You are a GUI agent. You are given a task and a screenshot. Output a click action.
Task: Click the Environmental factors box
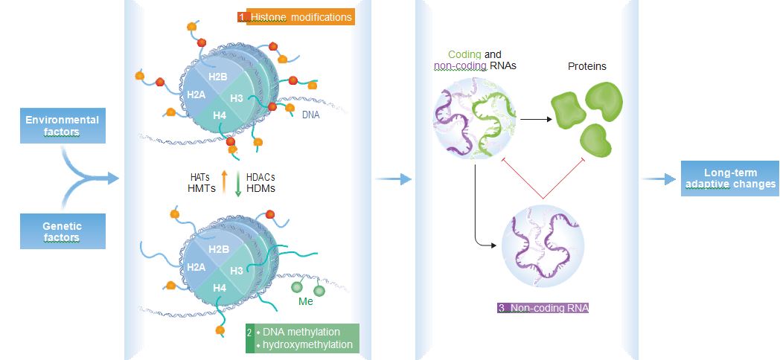tap(62, 126)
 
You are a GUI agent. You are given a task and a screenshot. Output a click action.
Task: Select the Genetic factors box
tap(62, 231)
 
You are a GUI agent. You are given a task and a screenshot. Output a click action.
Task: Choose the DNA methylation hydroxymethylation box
tap(302, 338)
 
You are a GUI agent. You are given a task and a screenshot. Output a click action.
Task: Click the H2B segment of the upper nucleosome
tap(218, 77)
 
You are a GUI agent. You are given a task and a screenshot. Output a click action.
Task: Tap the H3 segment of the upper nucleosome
tap(237, 98)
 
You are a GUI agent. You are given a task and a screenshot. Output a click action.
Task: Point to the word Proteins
tap(586, 66)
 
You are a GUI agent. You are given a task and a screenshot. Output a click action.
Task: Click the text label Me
tap(305, 302)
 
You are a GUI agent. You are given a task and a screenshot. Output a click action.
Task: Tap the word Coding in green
tap(464, 55)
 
